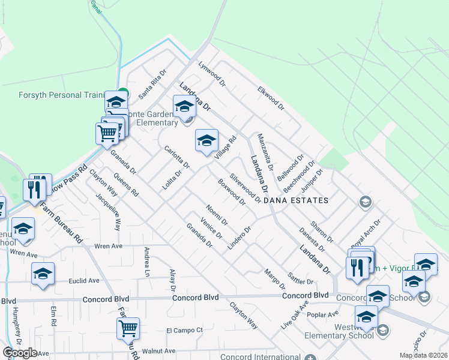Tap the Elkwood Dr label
click(270, 95)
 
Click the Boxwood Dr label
click(232, 192)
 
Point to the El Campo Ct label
click(185, 330)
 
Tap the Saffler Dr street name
click(302, 273)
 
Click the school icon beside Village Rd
click(206, 142)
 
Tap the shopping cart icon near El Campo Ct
click(128, 328)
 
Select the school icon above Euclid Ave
click(43, 274)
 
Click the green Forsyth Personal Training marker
click(122, 93)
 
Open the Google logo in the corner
click(20, 353)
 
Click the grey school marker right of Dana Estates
click(364, 202)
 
